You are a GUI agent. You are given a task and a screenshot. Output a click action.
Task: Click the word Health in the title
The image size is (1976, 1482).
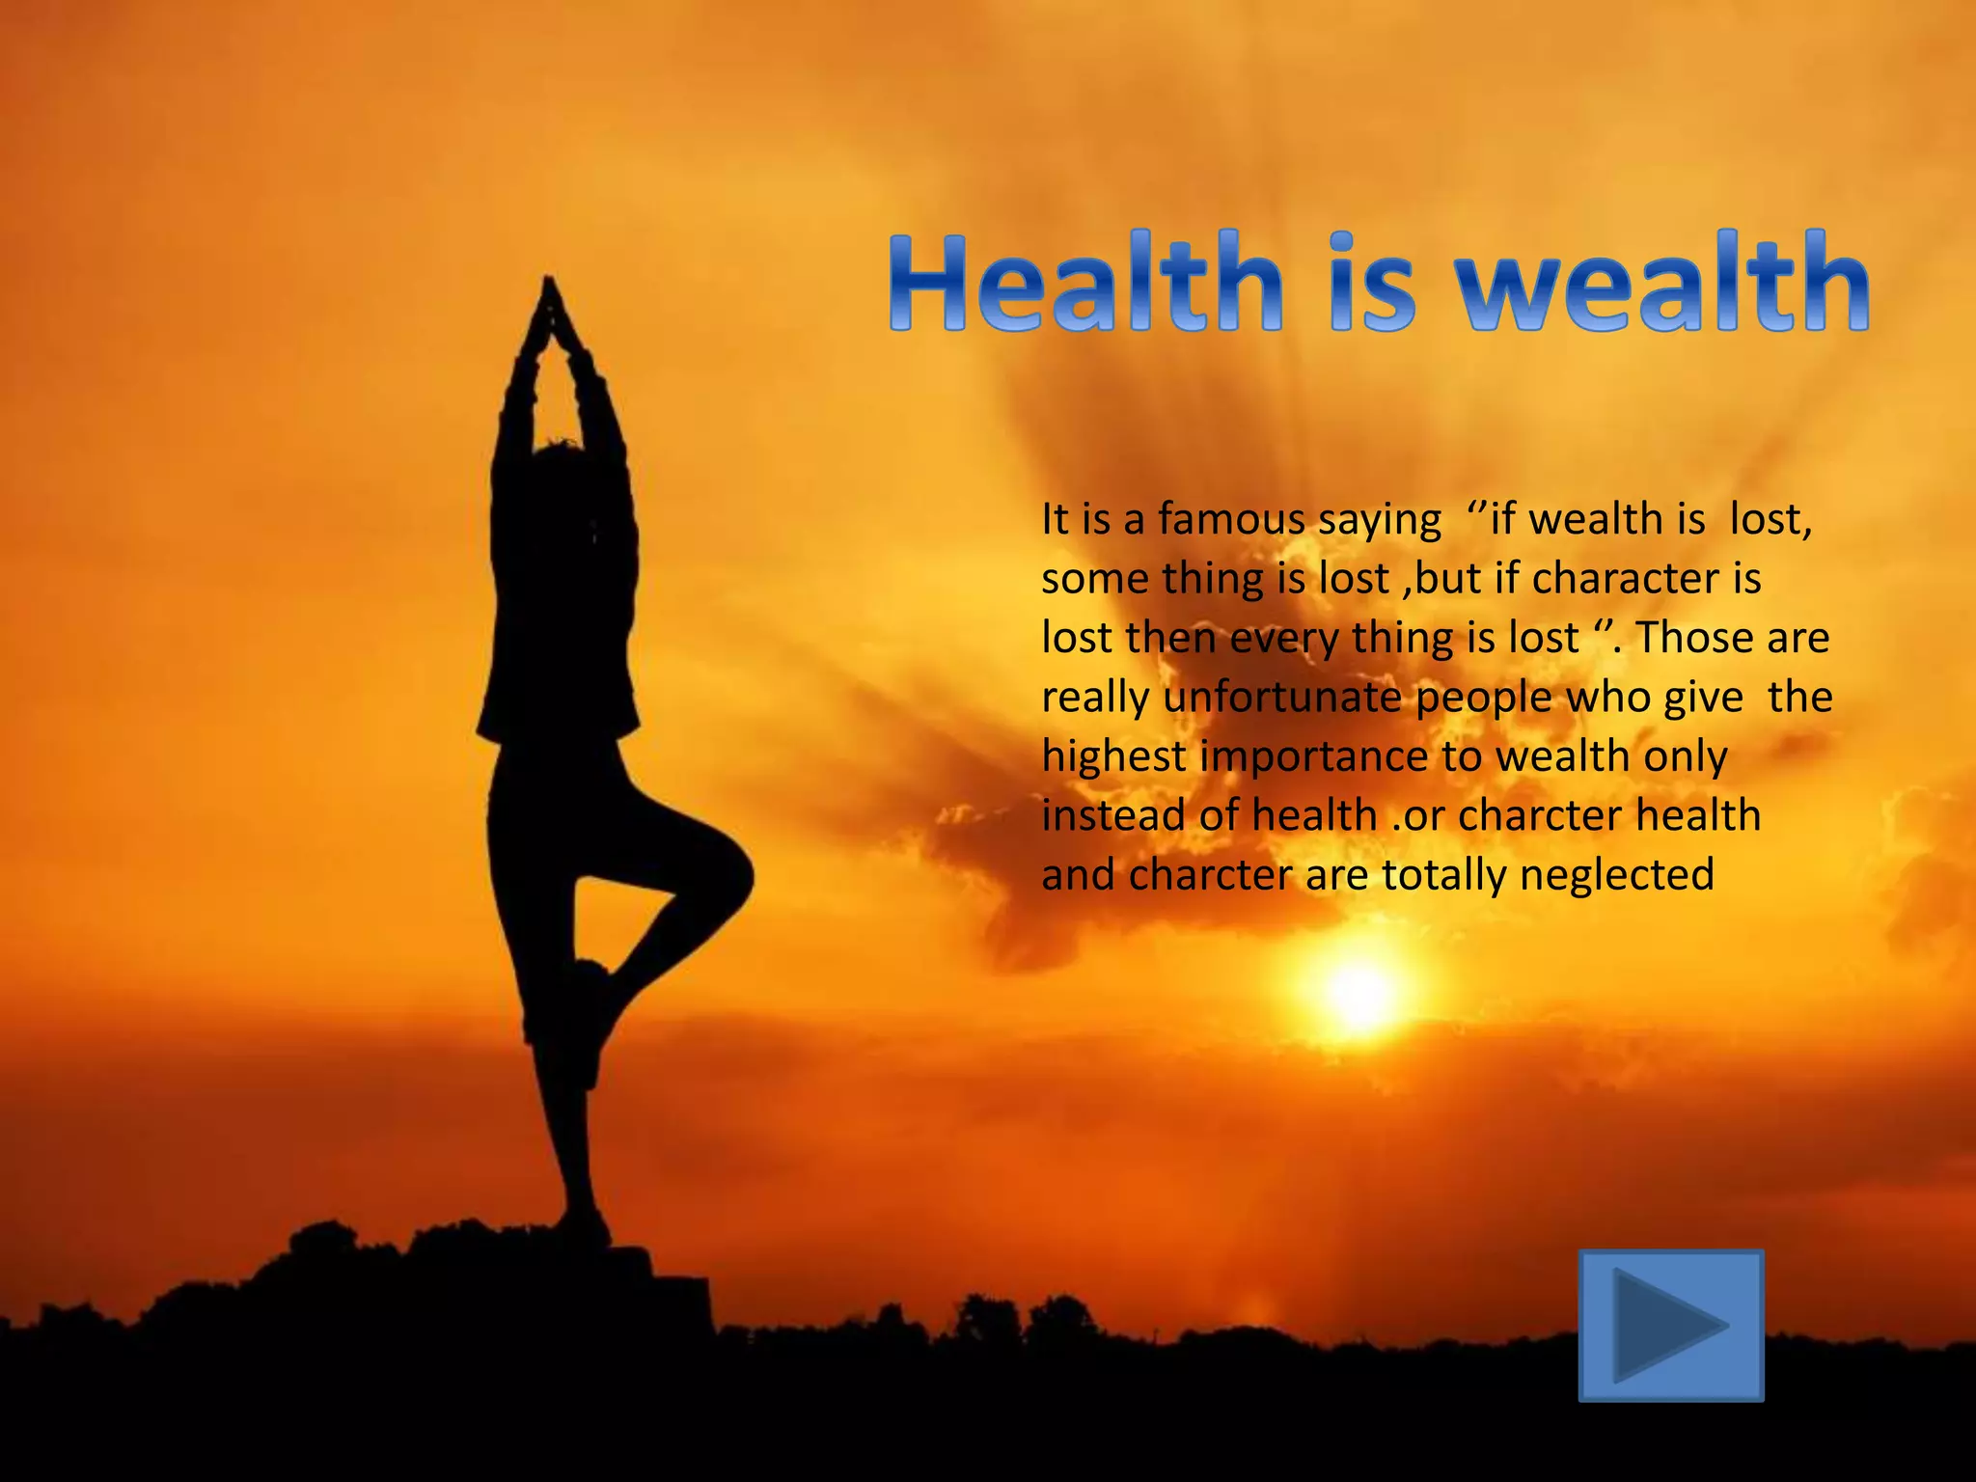(x=1086, y=283)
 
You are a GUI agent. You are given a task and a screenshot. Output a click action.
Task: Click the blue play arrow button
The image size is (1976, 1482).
(x=1670, y=1324)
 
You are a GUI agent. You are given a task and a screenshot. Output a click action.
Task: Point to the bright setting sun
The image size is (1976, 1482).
(x=1360, y=994)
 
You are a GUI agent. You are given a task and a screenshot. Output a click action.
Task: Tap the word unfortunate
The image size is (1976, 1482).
(x=1282, y=698)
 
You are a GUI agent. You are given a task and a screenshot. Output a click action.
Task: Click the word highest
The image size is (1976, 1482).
(x=1113, y=757)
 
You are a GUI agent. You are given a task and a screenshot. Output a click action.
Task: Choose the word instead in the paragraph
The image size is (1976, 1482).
(x=1112, y=815)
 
